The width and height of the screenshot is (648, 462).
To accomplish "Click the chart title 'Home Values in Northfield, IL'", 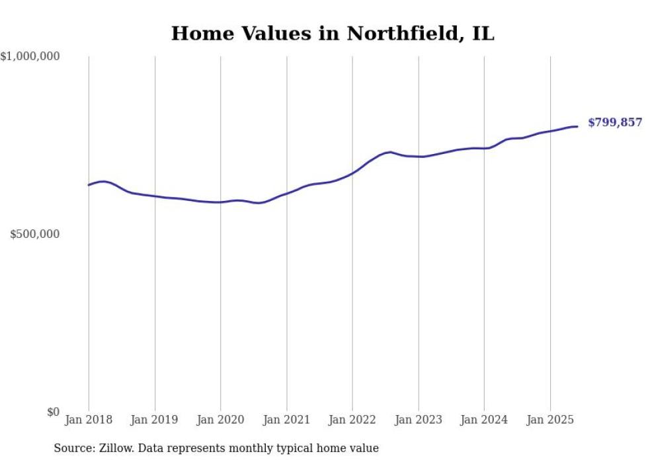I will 333,33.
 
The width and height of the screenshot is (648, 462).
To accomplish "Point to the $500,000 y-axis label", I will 34,235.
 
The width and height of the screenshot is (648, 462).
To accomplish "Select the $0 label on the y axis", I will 53,412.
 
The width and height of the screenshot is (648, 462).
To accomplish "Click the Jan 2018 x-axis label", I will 89,420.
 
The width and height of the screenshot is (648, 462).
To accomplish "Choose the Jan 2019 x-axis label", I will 155,420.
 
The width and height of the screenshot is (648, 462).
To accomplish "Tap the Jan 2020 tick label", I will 220,420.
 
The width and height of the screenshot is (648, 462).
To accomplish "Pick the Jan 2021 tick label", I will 286,420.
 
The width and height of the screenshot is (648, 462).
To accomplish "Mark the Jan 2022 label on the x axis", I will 352,420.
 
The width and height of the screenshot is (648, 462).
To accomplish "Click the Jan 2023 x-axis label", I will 418,420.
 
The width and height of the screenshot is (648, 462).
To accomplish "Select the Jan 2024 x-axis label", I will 484,420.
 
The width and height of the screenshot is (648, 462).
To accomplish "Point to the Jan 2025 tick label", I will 550,420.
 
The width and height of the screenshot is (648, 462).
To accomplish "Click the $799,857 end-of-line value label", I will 614,123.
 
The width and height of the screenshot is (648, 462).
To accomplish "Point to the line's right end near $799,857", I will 577,126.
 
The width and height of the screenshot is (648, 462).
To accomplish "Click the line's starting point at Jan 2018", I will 89,185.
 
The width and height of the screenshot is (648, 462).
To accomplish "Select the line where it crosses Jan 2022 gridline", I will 352,173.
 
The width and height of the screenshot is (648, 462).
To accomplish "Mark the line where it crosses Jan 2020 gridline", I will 220,202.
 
